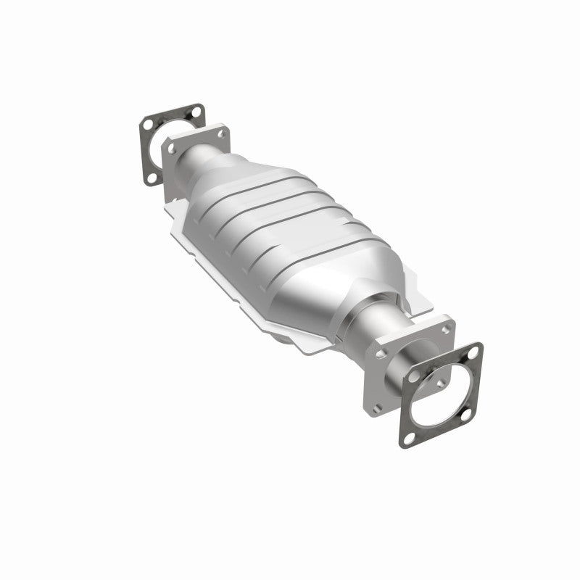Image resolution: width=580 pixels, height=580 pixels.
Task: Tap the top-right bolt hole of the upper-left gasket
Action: [194, 112]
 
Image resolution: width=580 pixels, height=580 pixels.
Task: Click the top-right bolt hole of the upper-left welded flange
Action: [221, 133]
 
